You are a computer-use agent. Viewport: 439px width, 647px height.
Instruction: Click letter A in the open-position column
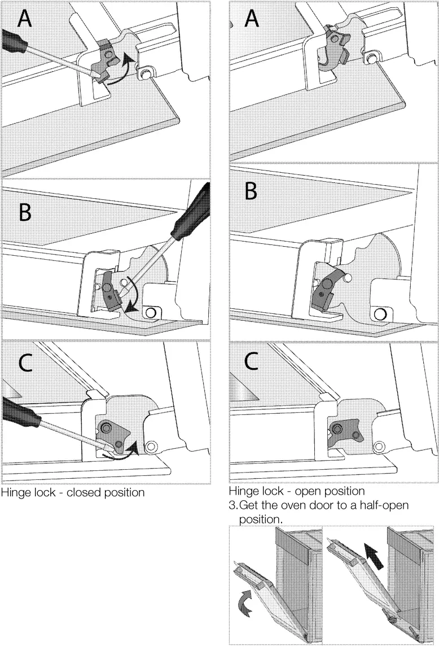[252, 19]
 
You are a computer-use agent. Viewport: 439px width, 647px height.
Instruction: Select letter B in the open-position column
[251, 190]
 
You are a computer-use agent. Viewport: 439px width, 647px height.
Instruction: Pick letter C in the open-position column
[252, 361]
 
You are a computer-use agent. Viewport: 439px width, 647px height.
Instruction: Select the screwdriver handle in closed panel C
[21, 413]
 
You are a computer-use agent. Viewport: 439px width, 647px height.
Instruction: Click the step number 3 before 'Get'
[232, 505]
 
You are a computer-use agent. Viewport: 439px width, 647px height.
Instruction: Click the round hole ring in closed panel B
[151, 313]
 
